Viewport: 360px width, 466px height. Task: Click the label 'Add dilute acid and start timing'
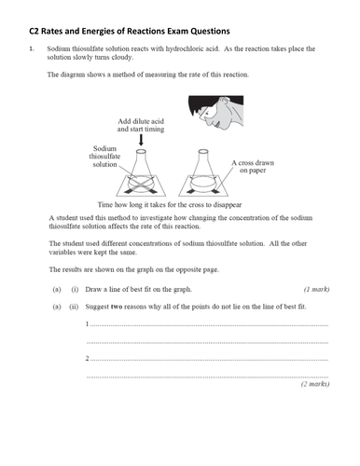click(x=141, y=126)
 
